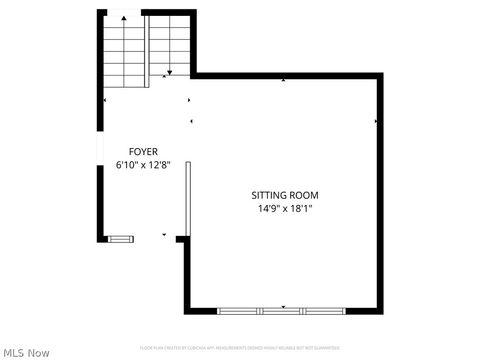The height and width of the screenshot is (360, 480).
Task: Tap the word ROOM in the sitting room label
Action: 306,195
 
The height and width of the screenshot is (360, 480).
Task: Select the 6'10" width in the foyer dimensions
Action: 128,164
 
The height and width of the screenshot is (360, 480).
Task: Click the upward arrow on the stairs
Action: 123,18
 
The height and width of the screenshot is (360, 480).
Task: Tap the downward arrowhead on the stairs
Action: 170,72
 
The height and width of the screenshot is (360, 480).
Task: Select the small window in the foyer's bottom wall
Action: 120,238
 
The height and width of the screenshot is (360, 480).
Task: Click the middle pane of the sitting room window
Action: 281,311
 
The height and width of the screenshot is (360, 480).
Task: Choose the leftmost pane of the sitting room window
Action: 238,311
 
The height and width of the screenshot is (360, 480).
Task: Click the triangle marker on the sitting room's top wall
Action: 284,79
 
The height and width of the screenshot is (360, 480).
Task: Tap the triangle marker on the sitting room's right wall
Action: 376,122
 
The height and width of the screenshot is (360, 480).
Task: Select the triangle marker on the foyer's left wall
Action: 105,100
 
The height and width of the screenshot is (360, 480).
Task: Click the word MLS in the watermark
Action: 15,352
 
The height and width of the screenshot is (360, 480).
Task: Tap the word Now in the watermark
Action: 39,352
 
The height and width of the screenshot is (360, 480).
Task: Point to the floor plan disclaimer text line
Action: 240,348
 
